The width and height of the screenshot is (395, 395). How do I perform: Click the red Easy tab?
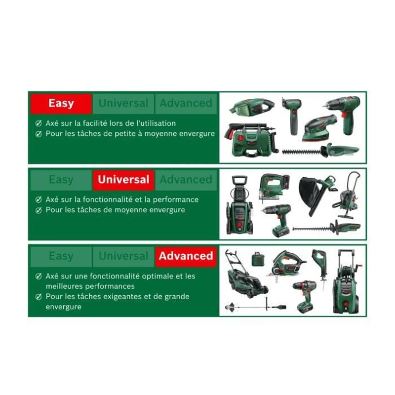pos(61,104)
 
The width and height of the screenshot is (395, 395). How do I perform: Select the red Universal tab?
pos(123,180)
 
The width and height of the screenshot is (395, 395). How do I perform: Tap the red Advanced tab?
pos(186,256)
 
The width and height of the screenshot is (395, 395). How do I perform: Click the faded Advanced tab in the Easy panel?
pos(186,104)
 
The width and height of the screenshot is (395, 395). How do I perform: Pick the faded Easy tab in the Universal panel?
pos(61,180)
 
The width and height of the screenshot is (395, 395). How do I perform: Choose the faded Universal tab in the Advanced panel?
pos(123,256)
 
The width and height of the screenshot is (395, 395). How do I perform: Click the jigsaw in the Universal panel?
pos(274,186)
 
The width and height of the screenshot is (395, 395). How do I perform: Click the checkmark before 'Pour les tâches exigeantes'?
pos(38,297)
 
